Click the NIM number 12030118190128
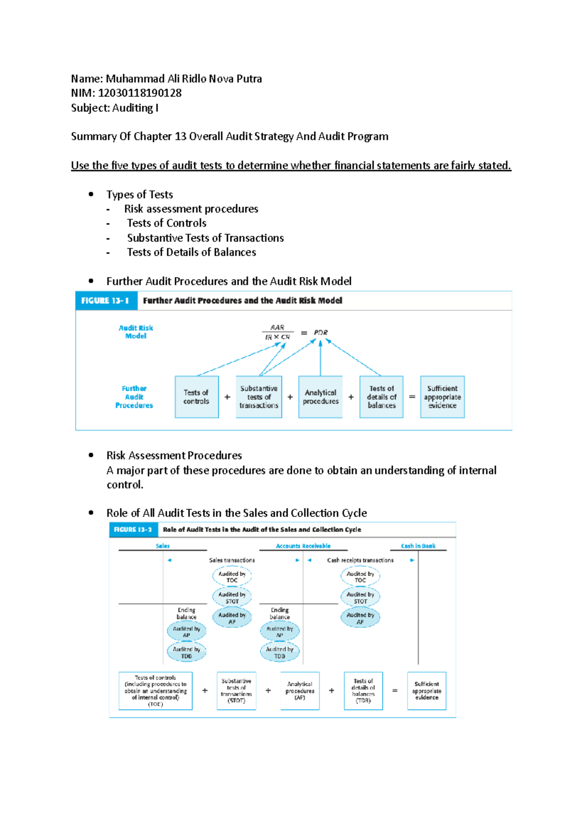pyautogui.click(x=140, y=93)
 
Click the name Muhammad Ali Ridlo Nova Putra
pyautogui.click(x=183, y=79)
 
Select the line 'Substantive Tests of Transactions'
pyautogui.click(x=205, y=238)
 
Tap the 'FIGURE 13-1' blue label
pyautogui.click(x=106, y=300)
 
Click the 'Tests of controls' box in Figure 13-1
pyautogui.click(x=196, y=397)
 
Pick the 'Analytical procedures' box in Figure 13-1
pyautogui.click(x=320, y=397)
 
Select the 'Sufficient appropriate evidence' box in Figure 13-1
pyautogui.click(x=442, y=397)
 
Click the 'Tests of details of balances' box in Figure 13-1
pyautogui.click(x=381, y=397)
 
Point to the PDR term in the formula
pyautogui.click(x=321, y=332)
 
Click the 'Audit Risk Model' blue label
pyautogui.click(x=135, y=332)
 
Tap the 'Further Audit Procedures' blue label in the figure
pyautogui.click(x=134, y=397)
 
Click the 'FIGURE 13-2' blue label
pyautogui.click(x=133, y=530)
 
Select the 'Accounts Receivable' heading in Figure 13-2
pyautogui.click(x=303, y=546)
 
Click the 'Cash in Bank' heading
pyautogui.click(x=418, y=546)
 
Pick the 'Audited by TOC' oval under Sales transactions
pyautogui.click(x=232, y=577)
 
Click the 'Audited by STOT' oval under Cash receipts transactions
pyautogui.click(x=360, y=598)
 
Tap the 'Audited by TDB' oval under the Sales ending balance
pyautogui.click(x=186, y=652)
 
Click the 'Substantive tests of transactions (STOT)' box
pyautogui.click(x=236, y=691)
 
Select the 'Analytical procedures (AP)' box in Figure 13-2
pyautogui.click(x=300, y=691)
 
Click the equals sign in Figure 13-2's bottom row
pyautogui.click(x=395, y=691)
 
